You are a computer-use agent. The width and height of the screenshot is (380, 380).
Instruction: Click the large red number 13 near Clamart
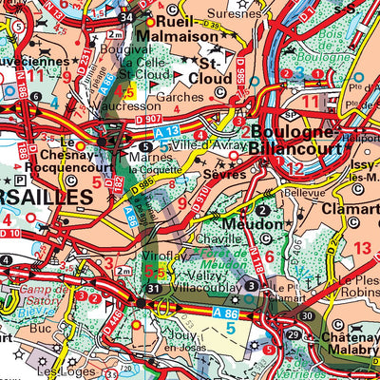[362, 249]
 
